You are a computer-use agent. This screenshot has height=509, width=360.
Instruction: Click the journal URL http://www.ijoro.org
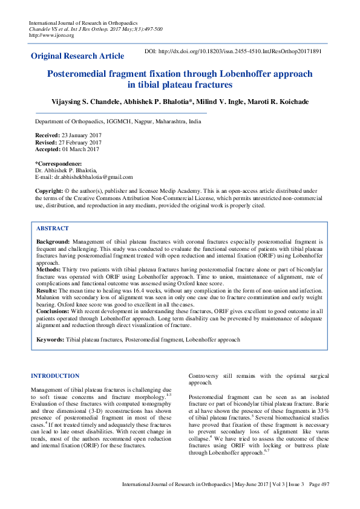click(51, 35)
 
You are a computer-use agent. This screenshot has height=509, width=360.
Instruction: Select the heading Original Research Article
click(78, 56)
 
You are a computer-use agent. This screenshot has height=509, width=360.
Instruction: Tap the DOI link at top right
click(233, 52)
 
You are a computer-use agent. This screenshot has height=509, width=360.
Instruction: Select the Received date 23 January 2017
click(82, 135)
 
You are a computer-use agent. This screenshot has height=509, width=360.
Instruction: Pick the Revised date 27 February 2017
click(82, 143)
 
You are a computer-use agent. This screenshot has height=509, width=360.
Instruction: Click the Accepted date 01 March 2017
click(80, 149)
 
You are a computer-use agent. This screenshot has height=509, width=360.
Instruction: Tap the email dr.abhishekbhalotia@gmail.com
click(93, 177)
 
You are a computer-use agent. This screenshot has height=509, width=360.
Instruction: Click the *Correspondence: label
click(58, 164)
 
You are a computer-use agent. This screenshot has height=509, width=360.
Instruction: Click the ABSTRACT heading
click(53, 229)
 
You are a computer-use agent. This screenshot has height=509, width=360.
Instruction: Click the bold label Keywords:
click(50, 340)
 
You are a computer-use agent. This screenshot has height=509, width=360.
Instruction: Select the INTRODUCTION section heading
click(55, 376)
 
